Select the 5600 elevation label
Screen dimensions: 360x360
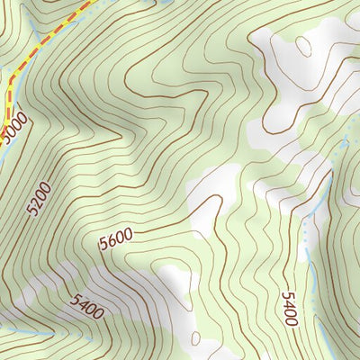pyautogui.click(x=116, y=238)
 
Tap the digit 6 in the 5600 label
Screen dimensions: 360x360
pyautogui.click(x=113, y=239)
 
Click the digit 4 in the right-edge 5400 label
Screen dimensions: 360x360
pyautogui.click(x=289, y=312)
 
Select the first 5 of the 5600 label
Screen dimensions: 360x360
pyautogui.click(x=104, y=244)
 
